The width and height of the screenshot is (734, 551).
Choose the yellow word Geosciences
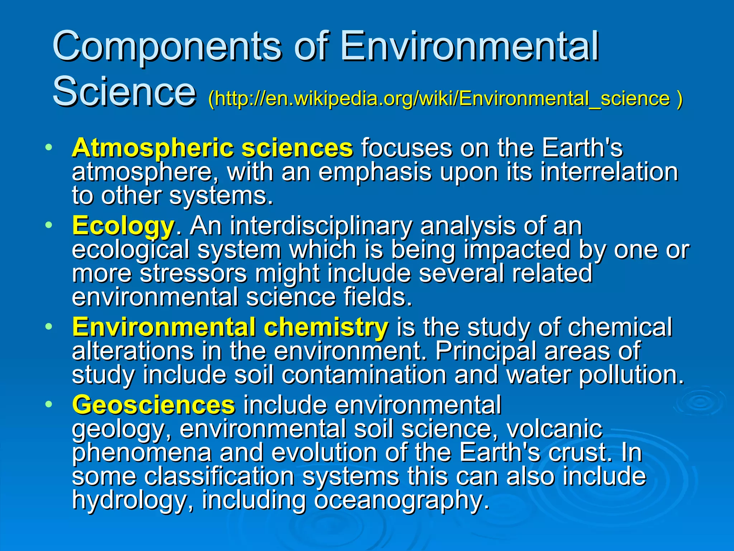click(154, 405)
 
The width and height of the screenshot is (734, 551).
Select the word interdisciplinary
click(321, 226)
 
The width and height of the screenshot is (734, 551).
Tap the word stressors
click(193, 273)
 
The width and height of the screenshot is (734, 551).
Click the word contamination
click(364, 375)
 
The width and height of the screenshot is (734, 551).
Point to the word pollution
click(631, 375)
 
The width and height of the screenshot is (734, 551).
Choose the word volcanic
click(554, 429)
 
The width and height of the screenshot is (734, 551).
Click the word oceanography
click(401, 500)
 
